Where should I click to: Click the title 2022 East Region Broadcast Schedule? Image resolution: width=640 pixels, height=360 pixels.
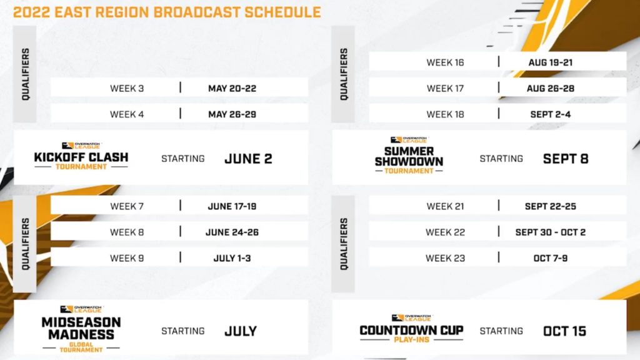pyautogui.click(x=167, y=12)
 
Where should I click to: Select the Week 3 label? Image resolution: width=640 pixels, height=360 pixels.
pyautogui.click(x=127, y=89)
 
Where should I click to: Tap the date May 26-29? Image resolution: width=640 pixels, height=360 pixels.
pyautogui.click(x=232, y=114)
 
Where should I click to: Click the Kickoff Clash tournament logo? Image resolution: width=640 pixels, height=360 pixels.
pyautogui.click(x=81, y=156)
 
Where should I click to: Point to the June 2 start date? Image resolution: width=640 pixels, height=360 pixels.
pyautogui.click(x=248, y=159)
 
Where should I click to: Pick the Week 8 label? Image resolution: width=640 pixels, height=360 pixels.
pyautogui.click(x=127, y=232)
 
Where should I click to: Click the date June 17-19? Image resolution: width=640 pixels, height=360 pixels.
pyautogui.click(x=232, y=206)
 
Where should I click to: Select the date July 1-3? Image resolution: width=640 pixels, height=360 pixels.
pyautogui.click(x=232, y=258)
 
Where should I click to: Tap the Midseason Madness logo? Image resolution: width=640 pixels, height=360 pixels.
pyautogui.click(x=81, y=329)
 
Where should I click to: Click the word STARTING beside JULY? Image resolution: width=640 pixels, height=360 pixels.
pyautogui.click(x=183, y=331)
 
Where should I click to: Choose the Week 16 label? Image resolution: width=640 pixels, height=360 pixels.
pyautogui.click(x=445, y=62)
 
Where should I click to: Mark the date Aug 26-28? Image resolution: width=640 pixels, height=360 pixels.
pyautogui.click(x=551, y=89)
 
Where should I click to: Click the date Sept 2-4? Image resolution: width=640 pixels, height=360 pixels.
pyautogui.click(x=551, y=114)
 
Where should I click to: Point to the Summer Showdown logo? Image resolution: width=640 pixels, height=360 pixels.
pyautogui.click(x=409, y=156)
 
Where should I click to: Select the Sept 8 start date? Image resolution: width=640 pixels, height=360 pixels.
pyautogui.click(x=566, y=159)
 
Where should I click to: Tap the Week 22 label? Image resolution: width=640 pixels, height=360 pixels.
pyautogui.click(x=445, y=232)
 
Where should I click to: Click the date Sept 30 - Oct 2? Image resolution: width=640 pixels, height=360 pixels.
pyautogui.click(x=551, y=232)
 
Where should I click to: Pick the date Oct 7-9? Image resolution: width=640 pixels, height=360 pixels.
pyautogui.click(x=551, y=258)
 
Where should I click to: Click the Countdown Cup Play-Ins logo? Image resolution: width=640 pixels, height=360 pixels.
pyautogui.click(x=411, y=329)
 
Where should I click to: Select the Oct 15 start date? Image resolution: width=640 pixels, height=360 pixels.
pyautogui.click(x=565, y=331)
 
